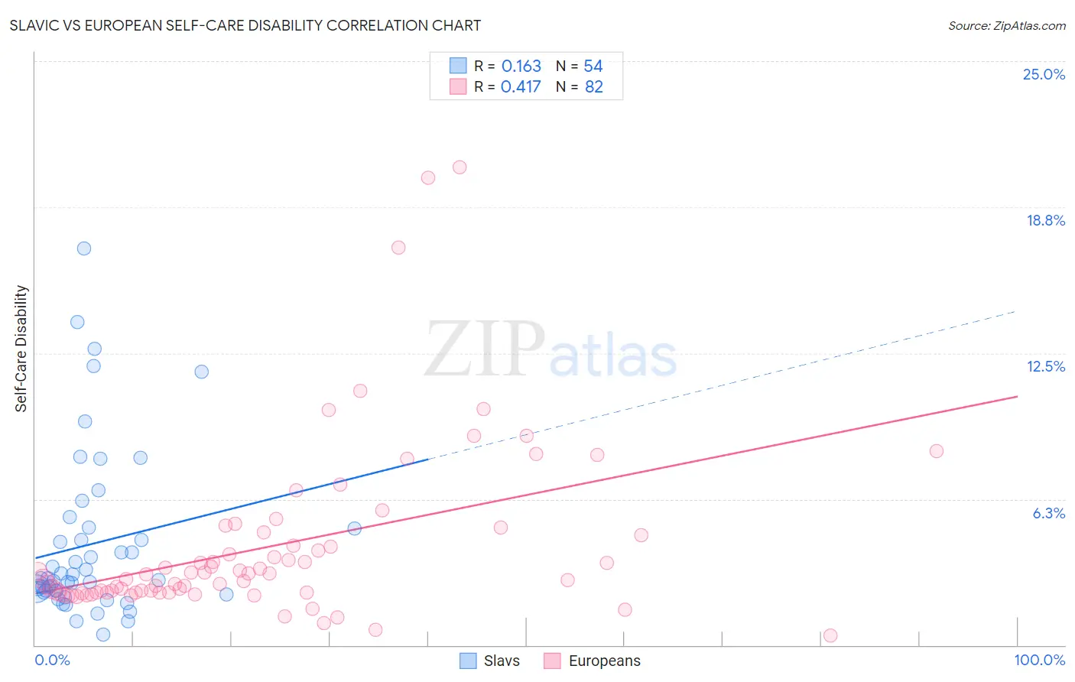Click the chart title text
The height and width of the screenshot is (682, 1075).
pos(245,25)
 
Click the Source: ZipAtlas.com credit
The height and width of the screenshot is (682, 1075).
pos(1006,25)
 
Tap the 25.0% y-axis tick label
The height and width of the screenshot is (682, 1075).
pos(1044,74)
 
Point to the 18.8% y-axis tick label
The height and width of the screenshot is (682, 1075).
pos(1045,220)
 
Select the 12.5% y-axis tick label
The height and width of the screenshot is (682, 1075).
pos(1045,366)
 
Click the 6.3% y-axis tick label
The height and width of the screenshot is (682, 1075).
pos(1048,513)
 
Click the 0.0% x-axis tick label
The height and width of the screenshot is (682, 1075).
pos(52,660)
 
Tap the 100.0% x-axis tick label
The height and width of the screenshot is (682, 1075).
pos(1039,660)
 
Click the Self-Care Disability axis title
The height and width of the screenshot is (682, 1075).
pos(21,349)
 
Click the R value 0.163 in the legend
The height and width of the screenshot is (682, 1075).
pos(521,67)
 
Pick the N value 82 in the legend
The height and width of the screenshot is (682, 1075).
pos(594,87)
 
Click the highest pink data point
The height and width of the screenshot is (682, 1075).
pos(460,167)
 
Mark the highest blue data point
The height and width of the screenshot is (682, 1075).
pos(84,248)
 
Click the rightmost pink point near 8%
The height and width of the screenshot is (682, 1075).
pos(936,451)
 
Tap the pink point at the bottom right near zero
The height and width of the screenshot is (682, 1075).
pos(830,635)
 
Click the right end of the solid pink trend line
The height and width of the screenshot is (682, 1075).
pos(1017,396)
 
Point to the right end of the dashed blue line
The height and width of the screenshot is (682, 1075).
pos(1015,311)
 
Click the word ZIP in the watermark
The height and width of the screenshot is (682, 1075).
pos(485,349)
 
